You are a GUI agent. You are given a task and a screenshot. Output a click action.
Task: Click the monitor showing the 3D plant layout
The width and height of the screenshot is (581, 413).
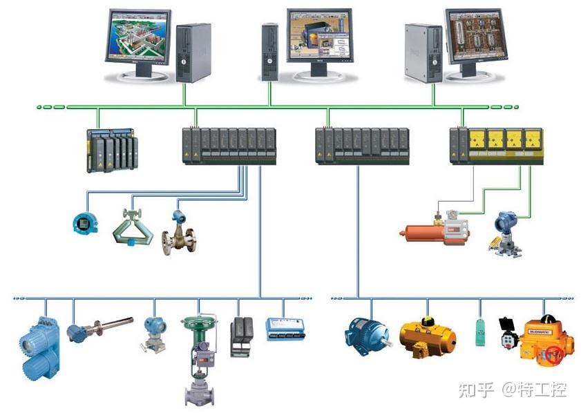click(x=137, y=38)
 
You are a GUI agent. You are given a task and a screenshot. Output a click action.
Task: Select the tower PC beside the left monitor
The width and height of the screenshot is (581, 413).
click(x=193, y=52)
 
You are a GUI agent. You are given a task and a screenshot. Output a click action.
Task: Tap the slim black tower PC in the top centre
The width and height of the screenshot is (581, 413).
click(x=269, y=52)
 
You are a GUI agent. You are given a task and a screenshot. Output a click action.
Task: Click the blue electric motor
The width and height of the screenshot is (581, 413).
click(x=365, y=332)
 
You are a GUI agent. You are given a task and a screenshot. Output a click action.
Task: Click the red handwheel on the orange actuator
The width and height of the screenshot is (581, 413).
click(x=553, y=355)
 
